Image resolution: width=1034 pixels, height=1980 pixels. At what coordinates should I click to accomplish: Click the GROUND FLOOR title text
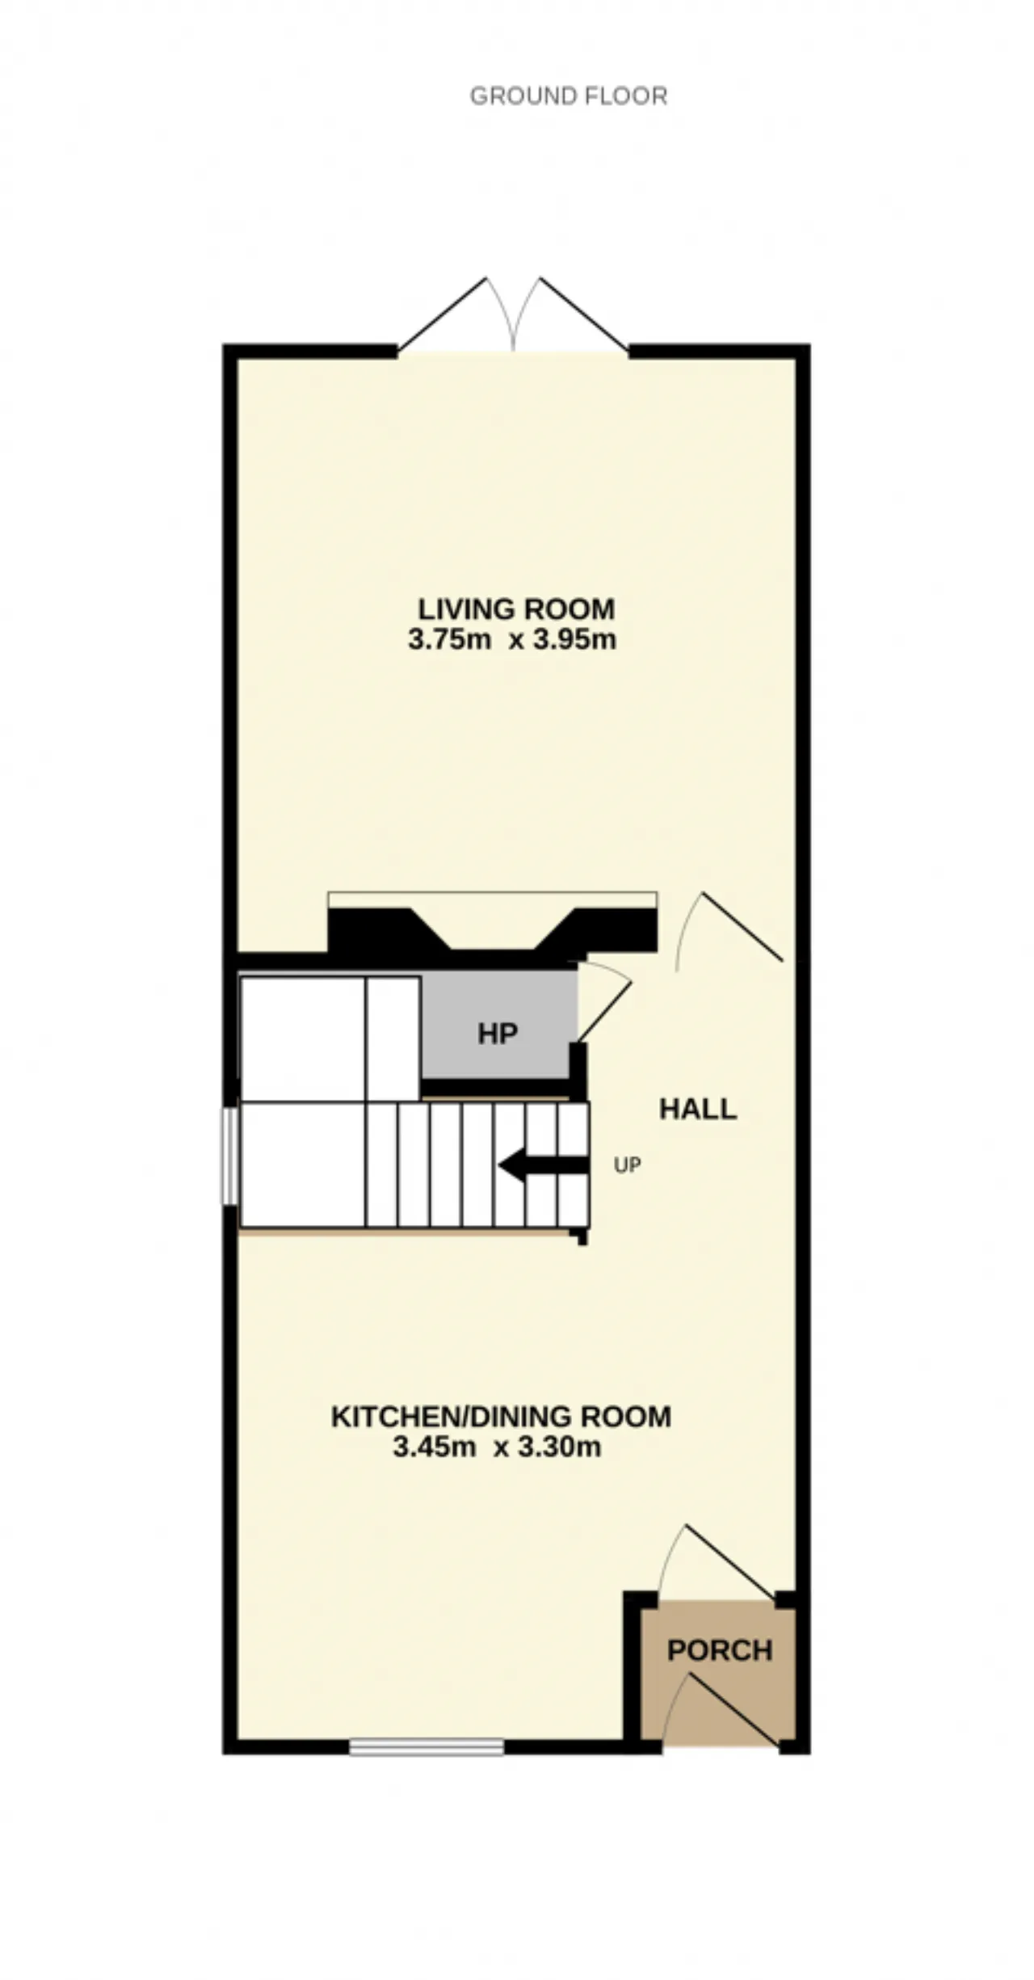tap(569, 96)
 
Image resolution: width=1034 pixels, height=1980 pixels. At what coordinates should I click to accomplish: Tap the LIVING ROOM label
tap(516, 608)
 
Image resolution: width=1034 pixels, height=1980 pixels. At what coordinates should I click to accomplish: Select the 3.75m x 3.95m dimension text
tap(512, 639)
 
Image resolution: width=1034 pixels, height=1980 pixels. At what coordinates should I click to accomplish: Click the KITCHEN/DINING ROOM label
tap(501, 1416)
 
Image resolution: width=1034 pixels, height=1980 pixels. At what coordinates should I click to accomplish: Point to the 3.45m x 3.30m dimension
tap(497, 1447)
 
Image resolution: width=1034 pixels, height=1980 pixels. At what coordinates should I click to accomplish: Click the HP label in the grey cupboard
tap(497, 1034)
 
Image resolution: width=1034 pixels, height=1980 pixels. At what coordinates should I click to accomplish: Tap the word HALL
tap(698, 1109)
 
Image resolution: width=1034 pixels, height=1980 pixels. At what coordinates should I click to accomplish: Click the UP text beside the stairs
tap(628, 1165)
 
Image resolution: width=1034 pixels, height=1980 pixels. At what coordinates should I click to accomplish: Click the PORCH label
tap(720, 1649)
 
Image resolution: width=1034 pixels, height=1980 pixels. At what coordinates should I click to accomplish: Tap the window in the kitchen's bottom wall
tap(427, 1747)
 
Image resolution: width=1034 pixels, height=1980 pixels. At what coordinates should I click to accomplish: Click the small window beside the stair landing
tap(230, 1156)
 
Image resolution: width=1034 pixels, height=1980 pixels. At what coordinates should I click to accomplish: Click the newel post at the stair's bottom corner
tap(580, 1236)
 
